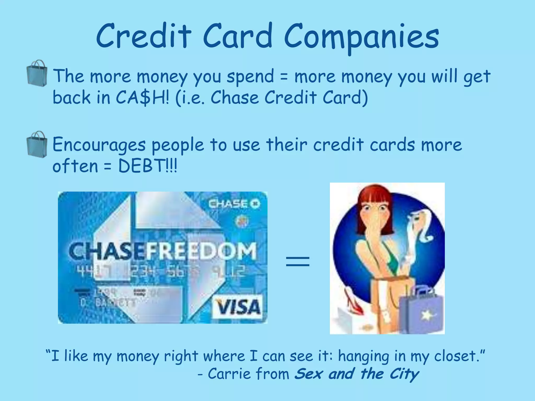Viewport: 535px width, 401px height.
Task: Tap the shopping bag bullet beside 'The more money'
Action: point(37,72)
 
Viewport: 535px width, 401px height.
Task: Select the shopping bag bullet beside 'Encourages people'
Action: point(37,144)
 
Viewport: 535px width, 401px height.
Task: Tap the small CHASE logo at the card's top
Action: point(234,204)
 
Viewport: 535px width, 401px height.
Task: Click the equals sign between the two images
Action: point(298,261)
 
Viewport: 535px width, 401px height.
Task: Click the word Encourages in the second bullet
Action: point(99,145)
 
